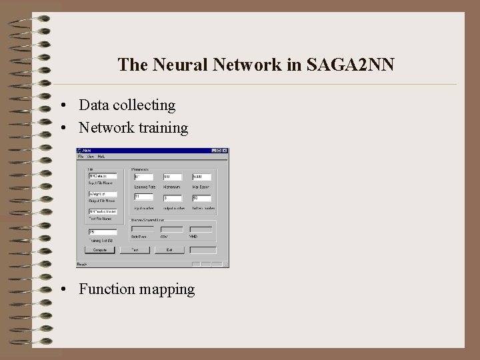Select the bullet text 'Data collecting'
click(127, 105)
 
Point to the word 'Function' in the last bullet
click(107, 289)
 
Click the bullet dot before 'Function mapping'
click(62, 289)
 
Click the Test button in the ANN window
click(135, 250)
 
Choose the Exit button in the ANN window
click(170, 250)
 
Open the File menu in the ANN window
click(80, 157)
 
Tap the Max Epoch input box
click(201, 177)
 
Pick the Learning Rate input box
click(143, 177)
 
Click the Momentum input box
click(173, 177)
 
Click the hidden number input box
click(201, 198)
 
